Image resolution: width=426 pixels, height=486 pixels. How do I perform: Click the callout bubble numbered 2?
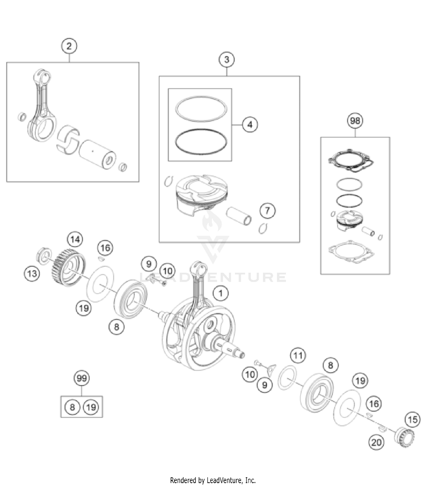tap(69, 46)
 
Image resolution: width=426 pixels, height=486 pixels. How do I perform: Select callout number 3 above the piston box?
tap(227, 60)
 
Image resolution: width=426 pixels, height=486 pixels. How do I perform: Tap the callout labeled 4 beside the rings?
tap(250, 124)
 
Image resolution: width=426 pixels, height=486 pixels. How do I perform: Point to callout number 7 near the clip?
tap(268, 211)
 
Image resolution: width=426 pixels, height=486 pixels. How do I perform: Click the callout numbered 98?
tap(355, 121)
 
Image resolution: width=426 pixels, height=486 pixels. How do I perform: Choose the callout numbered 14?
tap(75, 240)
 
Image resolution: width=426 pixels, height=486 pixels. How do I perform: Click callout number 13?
tap(32, 274)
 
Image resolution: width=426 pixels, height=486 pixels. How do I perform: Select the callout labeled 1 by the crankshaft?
tap(221, 293)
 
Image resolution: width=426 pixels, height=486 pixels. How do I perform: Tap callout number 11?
tap(298, 356)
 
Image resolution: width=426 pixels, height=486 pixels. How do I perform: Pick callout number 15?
tap(412, 420)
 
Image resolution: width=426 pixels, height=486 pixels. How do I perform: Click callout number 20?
tap(376, 442)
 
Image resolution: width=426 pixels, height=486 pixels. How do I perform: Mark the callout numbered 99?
tap(82, 378)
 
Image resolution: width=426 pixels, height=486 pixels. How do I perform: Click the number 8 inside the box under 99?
tap(72, 407)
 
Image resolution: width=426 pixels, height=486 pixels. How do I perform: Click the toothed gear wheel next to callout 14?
tap(68, 267)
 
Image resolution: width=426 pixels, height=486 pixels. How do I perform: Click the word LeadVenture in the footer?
tap(224, 480)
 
